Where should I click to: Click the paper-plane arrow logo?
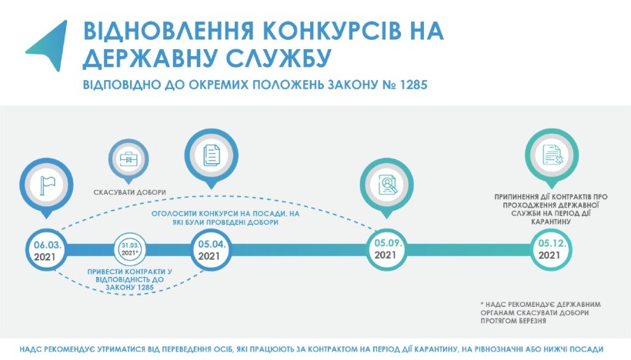50,45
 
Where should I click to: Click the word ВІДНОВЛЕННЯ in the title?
169,32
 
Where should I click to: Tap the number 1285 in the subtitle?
414,85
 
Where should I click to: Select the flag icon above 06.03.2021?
47,185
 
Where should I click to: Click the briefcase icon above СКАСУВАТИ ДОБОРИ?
129,159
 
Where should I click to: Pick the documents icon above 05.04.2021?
212,155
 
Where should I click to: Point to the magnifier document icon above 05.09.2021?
387,185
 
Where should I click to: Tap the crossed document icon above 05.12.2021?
552,155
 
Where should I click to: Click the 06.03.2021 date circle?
47,250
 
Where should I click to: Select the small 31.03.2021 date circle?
129,249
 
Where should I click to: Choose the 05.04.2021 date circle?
211,250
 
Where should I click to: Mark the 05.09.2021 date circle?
386,249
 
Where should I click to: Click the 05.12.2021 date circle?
550,249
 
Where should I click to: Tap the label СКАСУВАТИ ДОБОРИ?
129,192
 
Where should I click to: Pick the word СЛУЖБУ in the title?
279,58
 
